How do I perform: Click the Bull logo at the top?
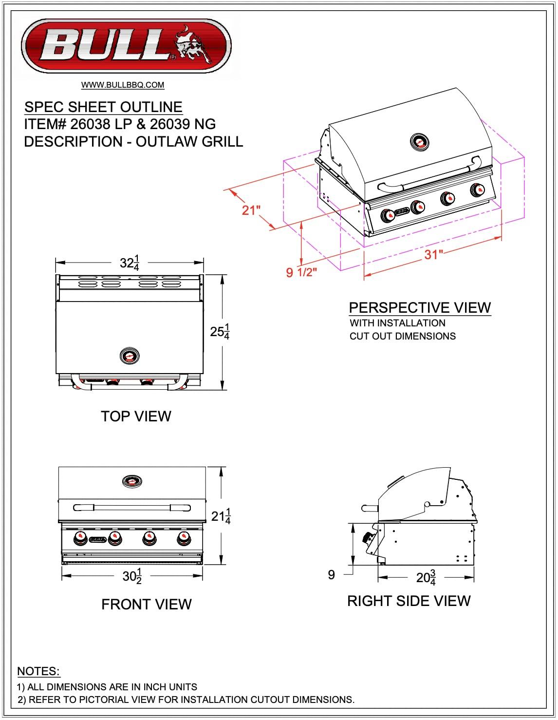coord(125,46)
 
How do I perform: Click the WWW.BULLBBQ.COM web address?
coord(123,85)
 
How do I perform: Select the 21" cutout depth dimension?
coord(251,210)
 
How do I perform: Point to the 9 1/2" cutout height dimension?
coord(301,272)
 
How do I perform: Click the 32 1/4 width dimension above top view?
coord(130,263)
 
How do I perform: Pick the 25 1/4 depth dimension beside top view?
coord(220,332)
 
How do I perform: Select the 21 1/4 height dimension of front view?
coord(221,516)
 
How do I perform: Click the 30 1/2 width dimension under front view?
coord(132,576)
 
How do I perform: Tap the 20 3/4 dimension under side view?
coord(426,578)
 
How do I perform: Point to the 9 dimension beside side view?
coord(332,575)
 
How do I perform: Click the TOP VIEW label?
coord(136,416)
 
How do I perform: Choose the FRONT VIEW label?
coord(146,604)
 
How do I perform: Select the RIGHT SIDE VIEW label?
coord(409,601)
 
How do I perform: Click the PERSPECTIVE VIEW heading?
coord(420,307)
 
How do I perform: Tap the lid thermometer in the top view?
coord(130,356)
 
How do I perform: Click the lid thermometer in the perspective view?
coord(419,142)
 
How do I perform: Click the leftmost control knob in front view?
coord(80,538)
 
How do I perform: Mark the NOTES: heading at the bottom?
coord(38,671)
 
